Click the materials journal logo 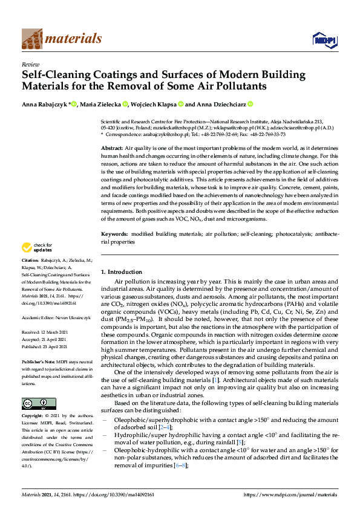62,39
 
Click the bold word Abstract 112,148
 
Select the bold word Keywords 114,233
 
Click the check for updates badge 37,247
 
